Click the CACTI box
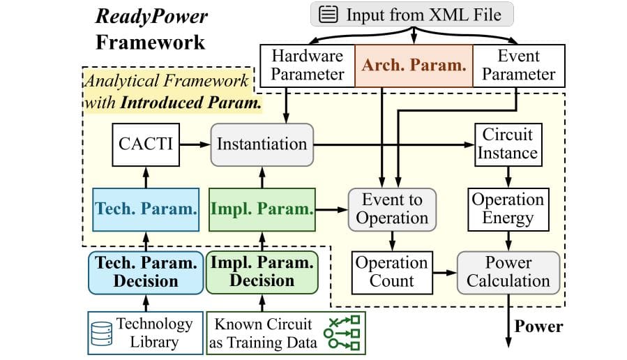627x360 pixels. [145, 144]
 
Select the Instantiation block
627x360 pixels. [262, 144]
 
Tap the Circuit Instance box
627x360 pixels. [507, 143]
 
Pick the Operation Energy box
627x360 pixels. [508, 209]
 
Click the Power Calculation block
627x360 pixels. [508, 271]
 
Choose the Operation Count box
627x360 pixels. [391, 271]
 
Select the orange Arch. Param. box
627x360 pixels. [414, 65]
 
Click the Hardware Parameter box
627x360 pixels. [307, 65]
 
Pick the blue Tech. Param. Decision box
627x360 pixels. [145, 271]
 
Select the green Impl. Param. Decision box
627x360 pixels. [262, 271]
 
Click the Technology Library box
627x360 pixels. [145, 333]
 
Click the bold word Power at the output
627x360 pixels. [538, 326]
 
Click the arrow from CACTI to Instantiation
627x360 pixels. [196, 144]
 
